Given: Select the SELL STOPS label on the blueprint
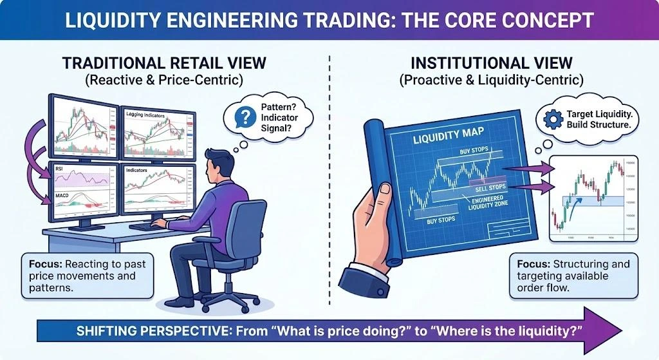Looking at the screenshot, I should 491,187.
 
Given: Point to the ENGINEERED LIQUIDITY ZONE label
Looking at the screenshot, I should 490,204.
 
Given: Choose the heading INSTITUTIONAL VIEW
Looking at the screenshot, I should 491,63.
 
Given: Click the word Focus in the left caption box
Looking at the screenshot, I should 44,264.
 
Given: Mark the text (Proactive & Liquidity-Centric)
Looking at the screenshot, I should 491,81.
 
